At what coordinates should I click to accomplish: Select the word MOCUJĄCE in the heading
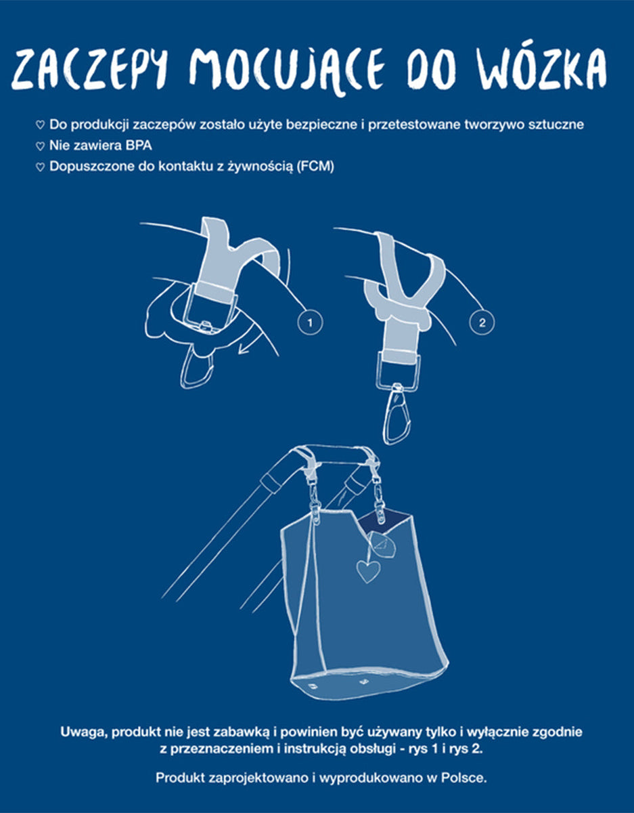coord(287,71)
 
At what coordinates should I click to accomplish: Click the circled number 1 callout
coord(310,322)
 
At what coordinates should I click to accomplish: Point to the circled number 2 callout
coord(482,322)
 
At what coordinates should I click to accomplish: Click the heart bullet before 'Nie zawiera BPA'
coord(40,146)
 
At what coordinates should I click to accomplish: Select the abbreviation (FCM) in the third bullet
coord(315,166)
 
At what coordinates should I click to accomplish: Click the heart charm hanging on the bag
coord(368,571)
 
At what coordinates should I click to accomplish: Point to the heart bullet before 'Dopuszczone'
coord(40,167)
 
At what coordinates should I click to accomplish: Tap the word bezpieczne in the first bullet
coord(321,125)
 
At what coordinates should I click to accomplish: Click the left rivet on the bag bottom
coord(311,686)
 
